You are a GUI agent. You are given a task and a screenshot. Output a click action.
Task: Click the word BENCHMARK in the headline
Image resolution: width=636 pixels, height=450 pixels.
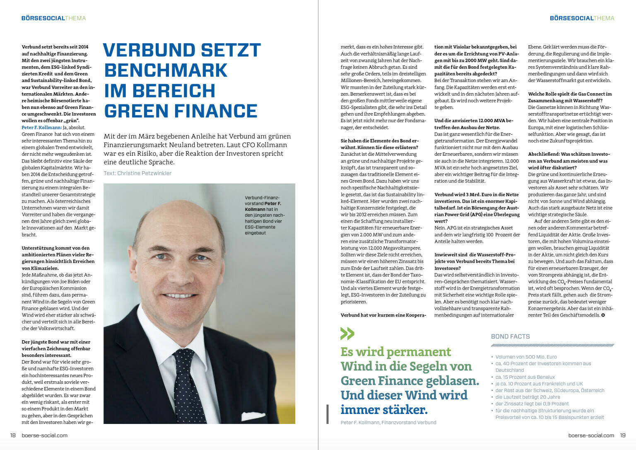click(x=166, y=70)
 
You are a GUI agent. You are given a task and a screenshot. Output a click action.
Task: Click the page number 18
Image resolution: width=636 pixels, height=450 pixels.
click(x=13, y=435)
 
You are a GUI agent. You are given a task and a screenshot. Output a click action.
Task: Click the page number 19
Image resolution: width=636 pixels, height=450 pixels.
click(x=623, y=435)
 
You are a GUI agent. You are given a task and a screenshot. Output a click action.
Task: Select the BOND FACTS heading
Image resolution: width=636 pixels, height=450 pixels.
click(x=510, y=336)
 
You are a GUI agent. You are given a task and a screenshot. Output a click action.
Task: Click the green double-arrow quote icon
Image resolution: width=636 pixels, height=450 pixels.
click(x=347, y=334)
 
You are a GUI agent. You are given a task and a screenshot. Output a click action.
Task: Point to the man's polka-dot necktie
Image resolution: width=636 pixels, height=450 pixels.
click(x=188, y=385)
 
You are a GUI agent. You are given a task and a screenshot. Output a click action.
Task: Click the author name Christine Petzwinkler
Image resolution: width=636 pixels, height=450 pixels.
click(x=144, y=173)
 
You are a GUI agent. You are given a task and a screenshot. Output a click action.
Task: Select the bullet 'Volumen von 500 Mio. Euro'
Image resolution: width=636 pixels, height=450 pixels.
click(x=526, y=357)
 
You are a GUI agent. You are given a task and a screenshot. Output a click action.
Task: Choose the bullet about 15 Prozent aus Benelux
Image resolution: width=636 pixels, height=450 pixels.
click(x=525, y=377)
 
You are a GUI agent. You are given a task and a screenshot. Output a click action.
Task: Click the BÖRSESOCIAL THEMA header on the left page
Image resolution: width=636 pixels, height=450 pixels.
click(x=53, y=18)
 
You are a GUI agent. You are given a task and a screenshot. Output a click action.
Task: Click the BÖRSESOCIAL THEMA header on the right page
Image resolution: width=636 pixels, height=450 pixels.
click(x=582, y=18)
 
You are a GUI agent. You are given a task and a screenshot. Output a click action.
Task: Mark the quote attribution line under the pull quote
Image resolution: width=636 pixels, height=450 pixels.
click(x=388, y=422)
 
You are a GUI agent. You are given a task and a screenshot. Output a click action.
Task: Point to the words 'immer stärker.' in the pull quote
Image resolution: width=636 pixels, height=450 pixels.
click(x=384, y=410)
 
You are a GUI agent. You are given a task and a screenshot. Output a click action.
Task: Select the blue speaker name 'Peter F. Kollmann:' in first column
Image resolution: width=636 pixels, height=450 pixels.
click(x=42, y=127)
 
